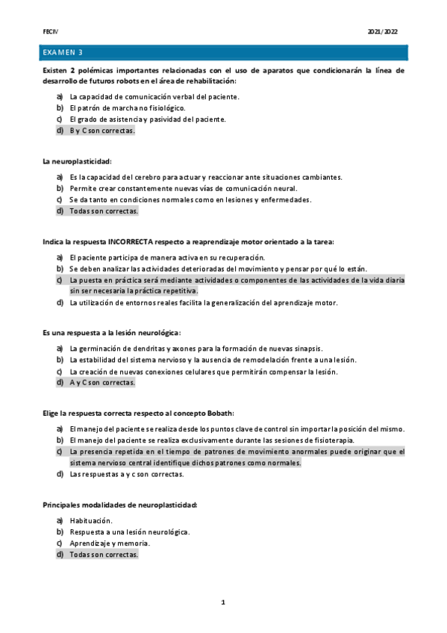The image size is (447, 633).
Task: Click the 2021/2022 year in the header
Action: pyautogui.click(x=383, y=31)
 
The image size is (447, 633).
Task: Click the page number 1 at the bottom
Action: pyautogui.click(x=223, y=602)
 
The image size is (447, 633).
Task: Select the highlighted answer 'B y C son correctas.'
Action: pyautogui.click(x=102, y=131)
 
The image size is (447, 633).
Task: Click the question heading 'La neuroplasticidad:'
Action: pyautogui.click(x=77, y=161)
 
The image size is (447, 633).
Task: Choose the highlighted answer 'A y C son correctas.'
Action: pyautogui.click(x=102, y=383)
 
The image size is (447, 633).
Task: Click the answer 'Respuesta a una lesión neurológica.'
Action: pyautogui.click(x=130, y=531)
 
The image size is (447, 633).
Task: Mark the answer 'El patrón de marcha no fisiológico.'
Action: pyautogui.click(x=128, y=108)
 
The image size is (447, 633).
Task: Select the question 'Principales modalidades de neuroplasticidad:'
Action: pyautogui.click(x=120, y=505)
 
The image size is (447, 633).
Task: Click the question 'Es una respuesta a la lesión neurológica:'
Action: pyautogui.click(x=111, y=333)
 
